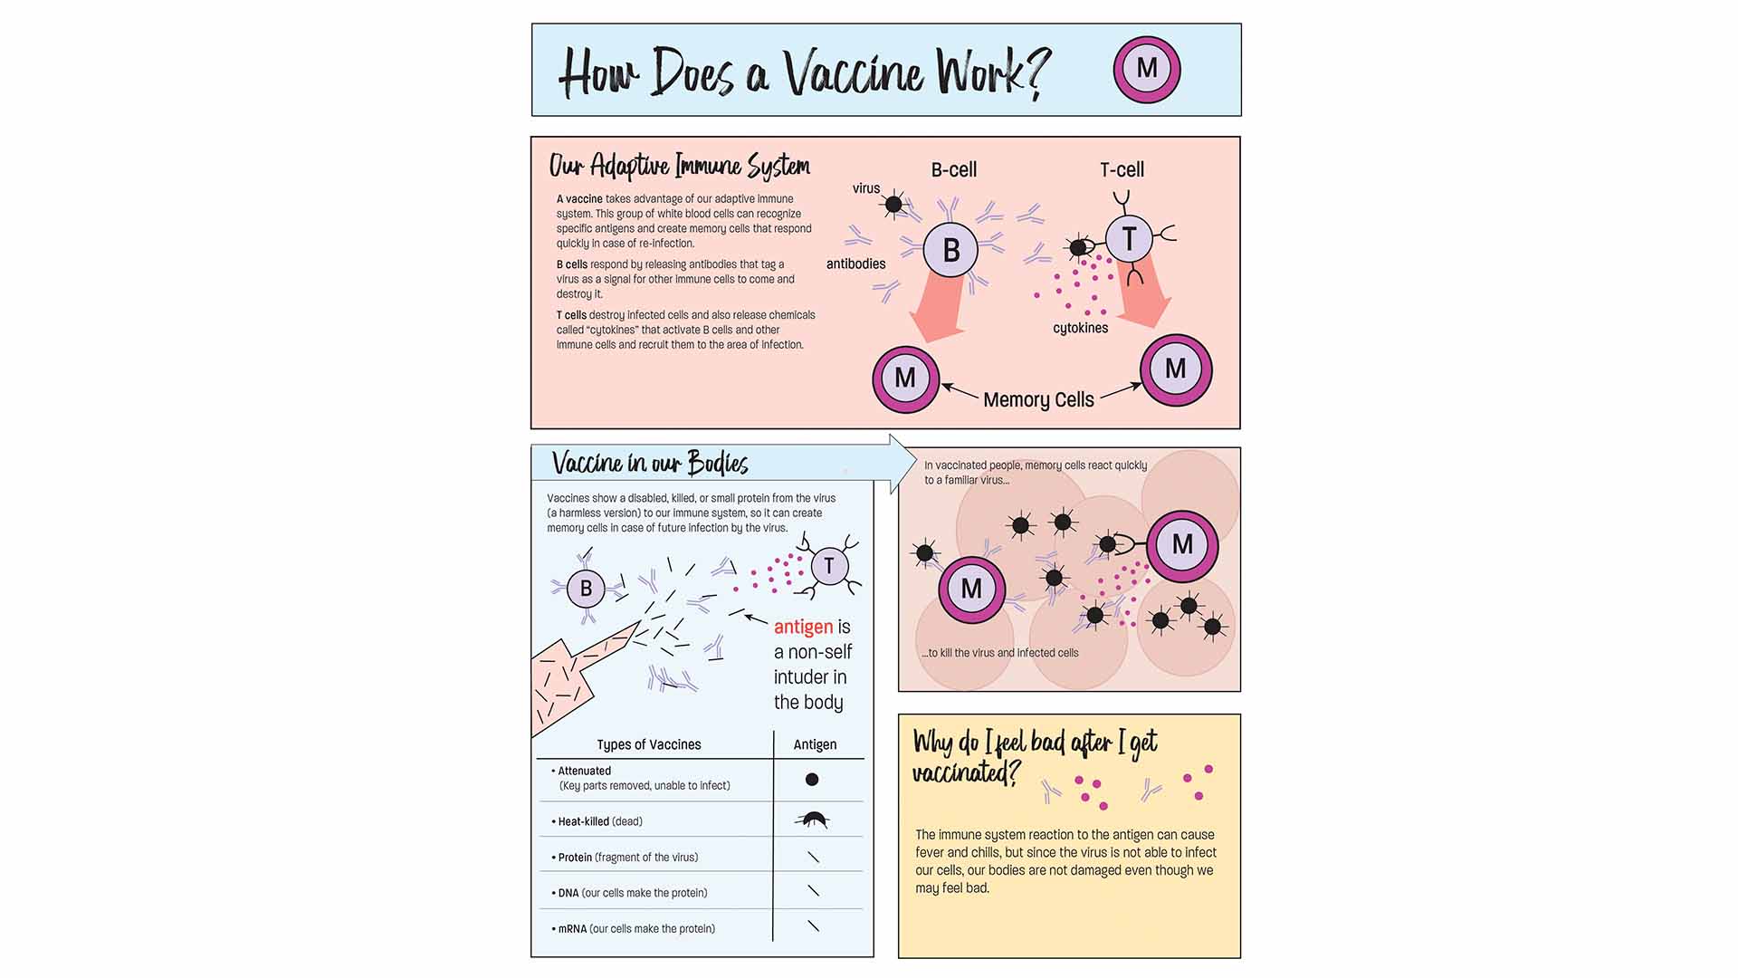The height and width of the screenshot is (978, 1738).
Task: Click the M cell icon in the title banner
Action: coord(1147,69)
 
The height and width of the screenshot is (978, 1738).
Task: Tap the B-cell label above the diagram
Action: coord(953,169)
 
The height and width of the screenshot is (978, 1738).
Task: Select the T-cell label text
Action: coord(1122,169)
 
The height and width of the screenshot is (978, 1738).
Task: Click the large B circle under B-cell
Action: coord(950,250)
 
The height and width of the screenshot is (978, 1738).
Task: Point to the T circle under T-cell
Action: coord(1129,239)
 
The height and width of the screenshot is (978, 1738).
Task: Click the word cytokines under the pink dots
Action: coord(1080,328)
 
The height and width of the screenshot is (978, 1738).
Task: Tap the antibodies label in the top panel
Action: coord(855,264)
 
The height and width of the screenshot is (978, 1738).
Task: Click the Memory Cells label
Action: coord(1038,399)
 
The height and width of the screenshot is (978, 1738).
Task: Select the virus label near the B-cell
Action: coord(866,188)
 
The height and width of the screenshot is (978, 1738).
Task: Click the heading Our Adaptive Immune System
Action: coord(679,166)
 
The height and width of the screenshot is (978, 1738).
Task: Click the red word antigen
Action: coord(803,627)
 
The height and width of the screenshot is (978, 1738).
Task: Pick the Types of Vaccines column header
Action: coord(648,744)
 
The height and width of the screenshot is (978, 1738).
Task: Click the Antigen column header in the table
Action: coord(815,744)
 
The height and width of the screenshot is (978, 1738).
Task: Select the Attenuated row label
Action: coord(584,771)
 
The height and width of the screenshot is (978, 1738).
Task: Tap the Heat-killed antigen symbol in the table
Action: coord(812,820)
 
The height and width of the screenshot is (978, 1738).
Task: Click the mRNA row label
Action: coord(572,928)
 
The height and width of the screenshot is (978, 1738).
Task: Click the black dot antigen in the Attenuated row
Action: coord(812,779)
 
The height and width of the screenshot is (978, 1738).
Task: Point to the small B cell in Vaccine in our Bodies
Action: coord(586,589)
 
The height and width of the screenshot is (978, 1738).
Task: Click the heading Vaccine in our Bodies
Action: coord(650,464)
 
